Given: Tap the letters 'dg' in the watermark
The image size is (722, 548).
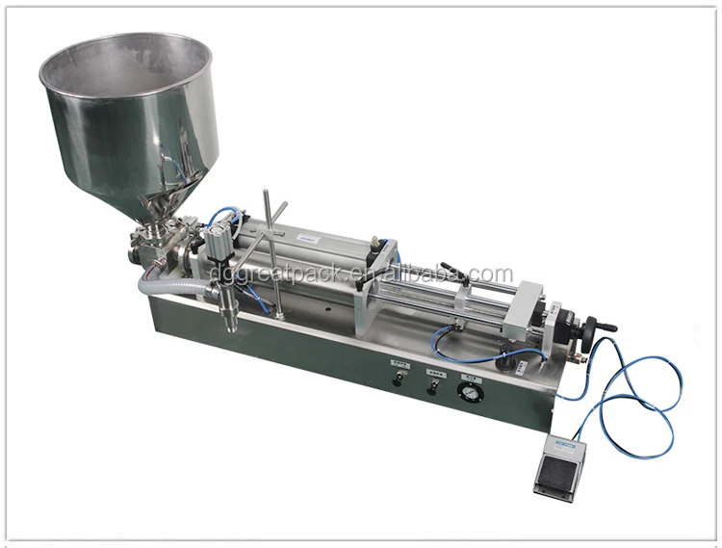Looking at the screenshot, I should pyautogui.click(x=219, y=274).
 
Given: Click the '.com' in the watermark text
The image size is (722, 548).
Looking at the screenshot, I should pyautogui.click(x=492, y=274).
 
